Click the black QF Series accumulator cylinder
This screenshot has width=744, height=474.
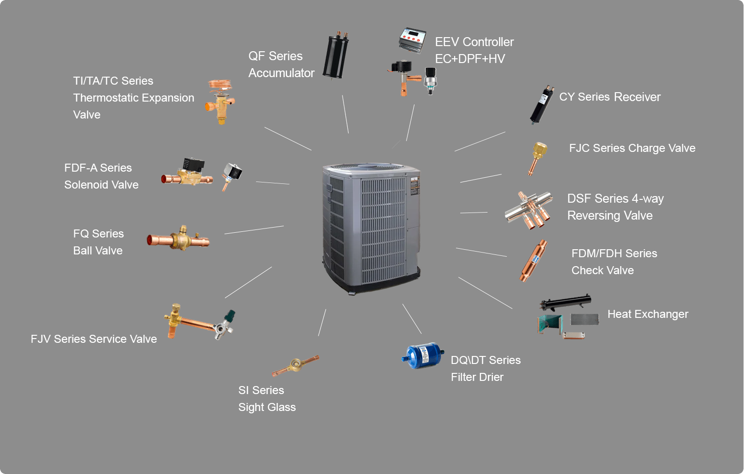(x=336, y=55)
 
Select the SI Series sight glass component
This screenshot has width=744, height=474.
(x=296, y=365)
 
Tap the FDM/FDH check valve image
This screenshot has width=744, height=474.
(x=534, y=261)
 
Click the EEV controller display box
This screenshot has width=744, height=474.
(x=412, y=40)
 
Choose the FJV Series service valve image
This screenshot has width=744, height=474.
(x=198, y=322)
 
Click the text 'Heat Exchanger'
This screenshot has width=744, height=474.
(x=648, y=314)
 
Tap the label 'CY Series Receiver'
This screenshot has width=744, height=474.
(x=610, y=97)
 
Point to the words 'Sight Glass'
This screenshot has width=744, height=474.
(x=267, y=407)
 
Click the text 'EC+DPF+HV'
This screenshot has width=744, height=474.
(x=470, y=59)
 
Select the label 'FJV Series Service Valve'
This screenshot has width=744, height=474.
(x=94, y=339)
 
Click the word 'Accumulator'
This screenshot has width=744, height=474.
(x=281, y=73)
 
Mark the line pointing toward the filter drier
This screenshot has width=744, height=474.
(x=412, y=319)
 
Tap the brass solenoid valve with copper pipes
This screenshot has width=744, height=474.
(x=188, y=173)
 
